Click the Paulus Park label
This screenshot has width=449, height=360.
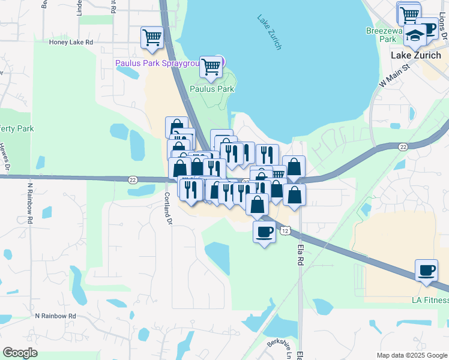(x=211, y=89)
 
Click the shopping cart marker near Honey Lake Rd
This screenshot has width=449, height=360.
(x=152, y=37)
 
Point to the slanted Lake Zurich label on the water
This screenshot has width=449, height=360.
(x=270, y=31)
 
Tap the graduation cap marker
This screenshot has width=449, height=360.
(x=415, y=36)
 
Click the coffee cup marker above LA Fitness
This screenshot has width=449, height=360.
(x=427, y=269)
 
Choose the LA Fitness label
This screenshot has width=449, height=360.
(x=430, y=300)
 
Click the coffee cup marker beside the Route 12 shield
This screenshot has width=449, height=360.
(x=264, y=231)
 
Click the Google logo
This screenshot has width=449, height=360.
(x=20, y=353)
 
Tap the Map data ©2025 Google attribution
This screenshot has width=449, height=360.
(x=412, y=355)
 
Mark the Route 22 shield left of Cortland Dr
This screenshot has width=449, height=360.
(x=133, y=179)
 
